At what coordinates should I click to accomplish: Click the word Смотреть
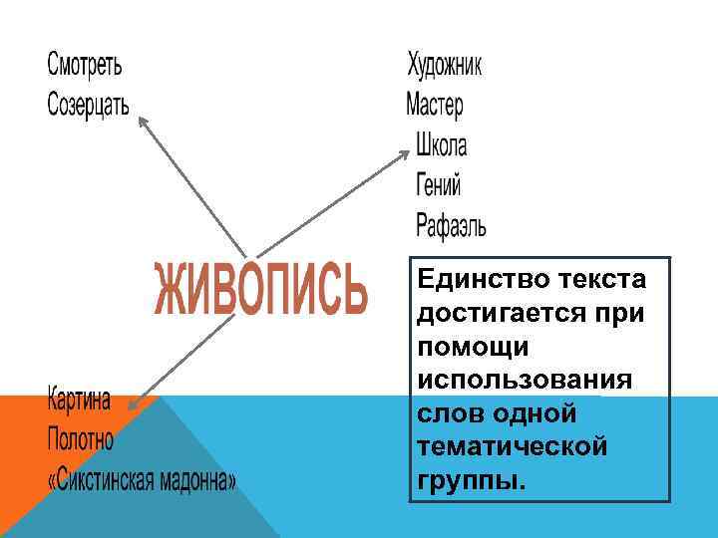86,66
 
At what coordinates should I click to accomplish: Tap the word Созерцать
89,104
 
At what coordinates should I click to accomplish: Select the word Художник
445,66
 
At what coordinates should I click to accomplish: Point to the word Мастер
435,104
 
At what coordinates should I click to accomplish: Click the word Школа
442,145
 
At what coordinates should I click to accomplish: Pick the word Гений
439,185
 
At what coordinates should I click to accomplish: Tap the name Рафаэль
452,225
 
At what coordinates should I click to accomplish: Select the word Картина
79,400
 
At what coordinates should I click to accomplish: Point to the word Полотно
81,438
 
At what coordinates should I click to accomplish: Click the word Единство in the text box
475,278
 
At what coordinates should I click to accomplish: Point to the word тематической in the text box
513,447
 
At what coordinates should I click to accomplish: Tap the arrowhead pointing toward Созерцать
144,121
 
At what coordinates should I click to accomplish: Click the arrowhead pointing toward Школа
404,153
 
